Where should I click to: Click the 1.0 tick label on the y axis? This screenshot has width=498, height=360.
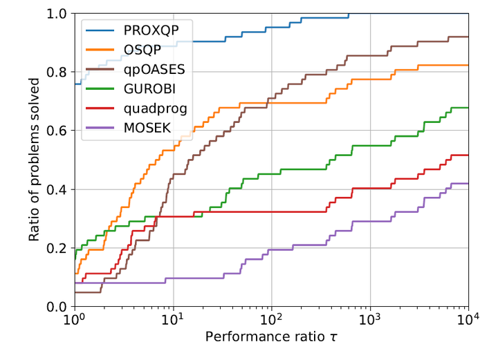pos(57,14)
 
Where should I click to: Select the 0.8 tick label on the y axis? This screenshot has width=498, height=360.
pos(57,73)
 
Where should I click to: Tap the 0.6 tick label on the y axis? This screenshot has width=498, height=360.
pos(57,131)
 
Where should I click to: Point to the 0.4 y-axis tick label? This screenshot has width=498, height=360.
pos(57,189)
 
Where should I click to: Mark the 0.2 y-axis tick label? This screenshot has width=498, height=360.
pos(57,248)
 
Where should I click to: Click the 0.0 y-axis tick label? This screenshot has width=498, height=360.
pos(57,306)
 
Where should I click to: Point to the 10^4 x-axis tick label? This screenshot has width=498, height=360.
pos(468,321)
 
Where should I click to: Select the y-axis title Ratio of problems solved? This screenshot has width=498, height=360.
pos(35,160)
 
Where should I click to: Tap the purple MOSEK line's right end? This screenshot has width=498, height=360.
pos(468,183)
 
